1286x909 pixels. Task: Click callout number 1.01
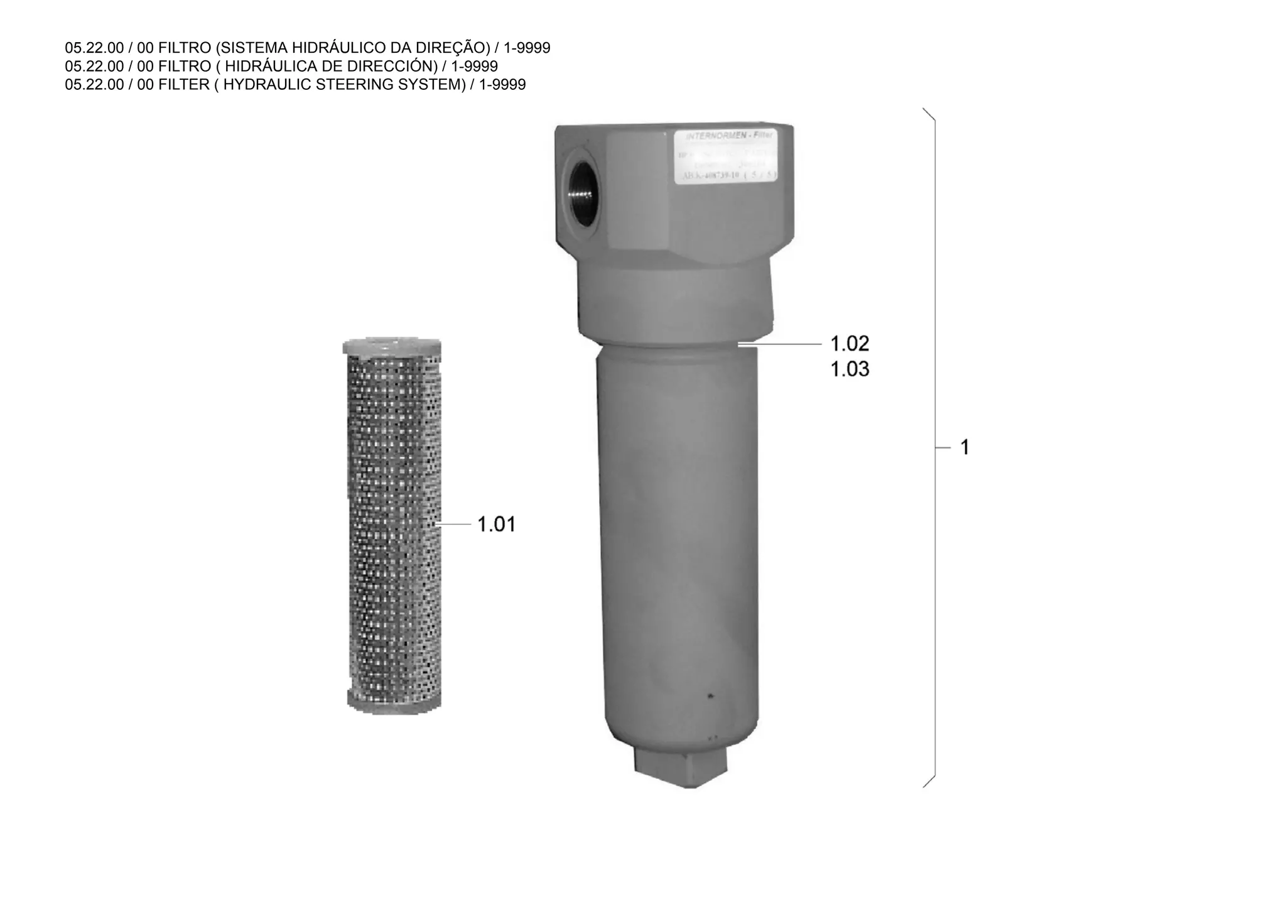496,524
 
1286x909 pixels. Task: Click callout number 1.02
850,344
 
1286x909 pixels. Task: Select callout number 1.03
850,369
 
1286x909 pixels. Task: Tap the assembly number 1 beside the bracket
965,448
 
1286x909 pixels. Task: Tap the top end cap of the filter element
392,347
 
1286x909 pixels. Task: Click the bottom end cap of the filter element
394,702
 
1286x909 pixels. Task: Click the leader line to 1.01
453,524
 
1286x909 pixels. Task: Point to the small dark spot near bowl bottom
710,696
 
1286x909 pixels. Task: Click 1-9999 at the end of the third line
502,84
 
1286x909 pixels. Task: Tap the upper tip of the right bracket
924,109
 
